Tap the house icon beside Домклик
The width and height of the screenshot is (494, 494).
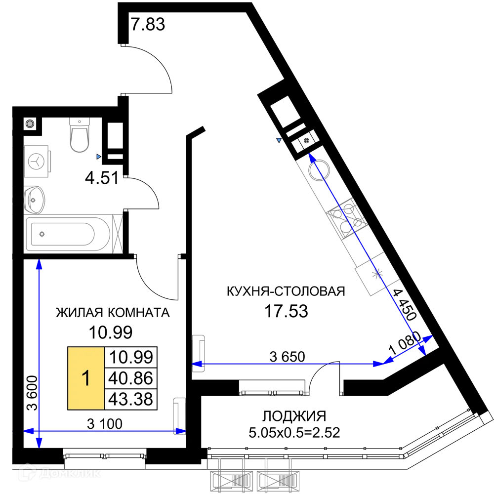pos(28,473)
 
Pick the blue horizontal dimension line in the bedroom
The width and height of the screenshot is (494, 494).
pos(106,431)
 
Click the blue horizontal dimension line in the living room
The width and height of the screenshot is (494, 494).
pos(287,364)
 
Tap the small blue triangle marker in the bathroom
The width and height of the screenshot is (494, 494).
pos(98,157)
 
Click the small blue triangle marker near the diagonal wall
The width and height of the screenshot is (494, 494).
pos(279,140)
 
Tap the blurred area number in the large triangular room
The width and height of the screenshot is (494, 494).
pos(287,312)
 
